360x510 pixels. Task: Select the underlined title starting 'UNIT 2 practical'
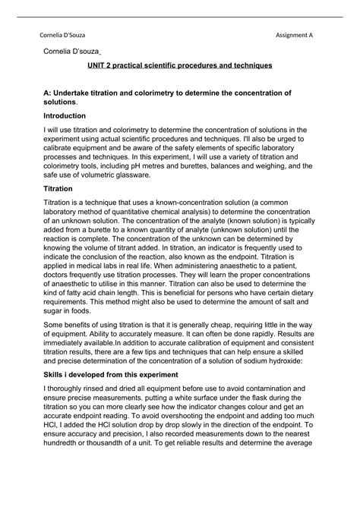[179, 66]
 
